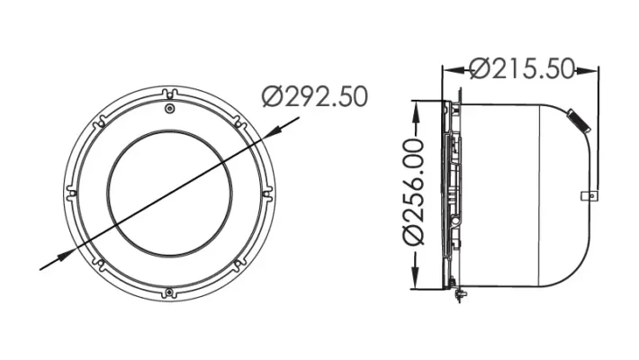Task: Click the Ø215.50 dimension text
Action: click(521, 68)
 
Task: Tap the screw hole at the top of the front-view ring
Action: click(170, 108)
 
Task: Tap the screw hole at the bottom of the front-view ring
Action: click(170, 291)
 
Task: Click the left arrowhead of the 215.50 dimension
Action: click(449, 68)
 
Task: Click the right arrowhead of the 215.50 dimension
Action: click(593, 68)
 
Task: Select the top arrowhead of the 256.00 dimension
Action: click(416, 105)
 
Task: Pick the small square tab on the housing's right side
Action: click(589, 195)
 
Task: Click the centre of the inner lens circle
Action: click(170, 199)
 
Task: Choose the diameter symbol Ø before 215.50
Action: click(478, 68)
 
